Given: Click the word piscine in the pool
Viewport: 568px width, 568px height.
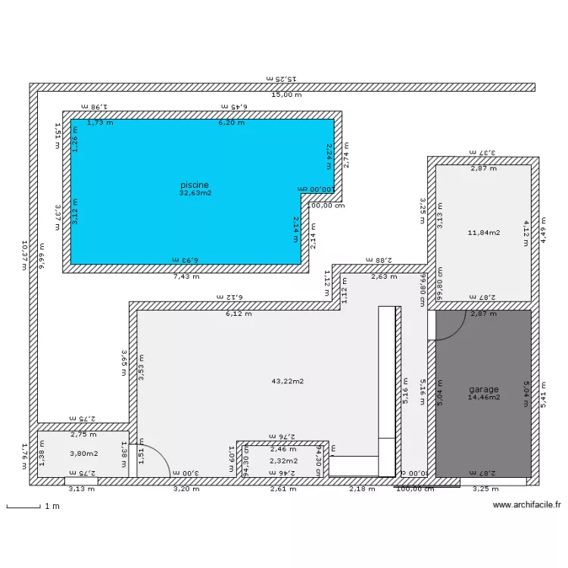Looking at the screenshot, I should click(x=194, y=185).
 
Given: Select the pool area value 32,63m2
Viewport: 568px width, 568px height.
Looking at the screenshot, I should click(x=195, y=193).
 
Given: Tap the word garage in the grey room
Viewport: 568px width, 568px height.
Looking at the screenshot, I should click(x=483, y=389).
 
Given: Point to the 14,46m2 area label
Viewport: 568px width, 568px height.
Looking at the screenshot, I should click(x=483, y=397).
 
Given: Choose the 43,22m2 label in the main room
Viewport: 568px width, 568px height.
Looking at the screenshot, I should click(x=287, y=381).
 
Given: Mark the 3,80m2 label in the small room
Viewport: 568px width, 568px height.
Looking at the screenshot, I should click(x=83, y=454).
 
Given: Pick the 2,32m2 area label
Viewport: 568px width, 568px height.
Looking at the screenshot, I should click(x=284, y=460).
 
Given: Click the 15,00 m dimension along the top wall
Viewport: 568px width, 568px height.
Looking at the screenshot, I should click(x=287, y=95).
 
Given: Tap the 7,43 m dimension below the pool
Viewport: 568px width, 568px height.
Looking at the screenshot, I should click(x=186, y=276).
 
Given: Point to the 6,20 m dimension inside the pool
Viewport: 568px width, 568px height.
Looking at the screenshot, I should click(x=231, y=122).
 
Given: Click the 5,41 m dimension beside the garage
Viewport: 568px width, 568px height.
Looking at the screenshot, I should click(x=542, y=394).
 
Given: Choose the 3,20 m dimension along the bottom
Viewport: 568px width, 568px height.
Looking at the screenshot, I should click(x=186, y=489).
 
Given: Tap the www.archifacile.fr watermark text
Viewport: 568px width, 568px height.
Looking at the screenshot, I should click(x=526, y=505).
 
